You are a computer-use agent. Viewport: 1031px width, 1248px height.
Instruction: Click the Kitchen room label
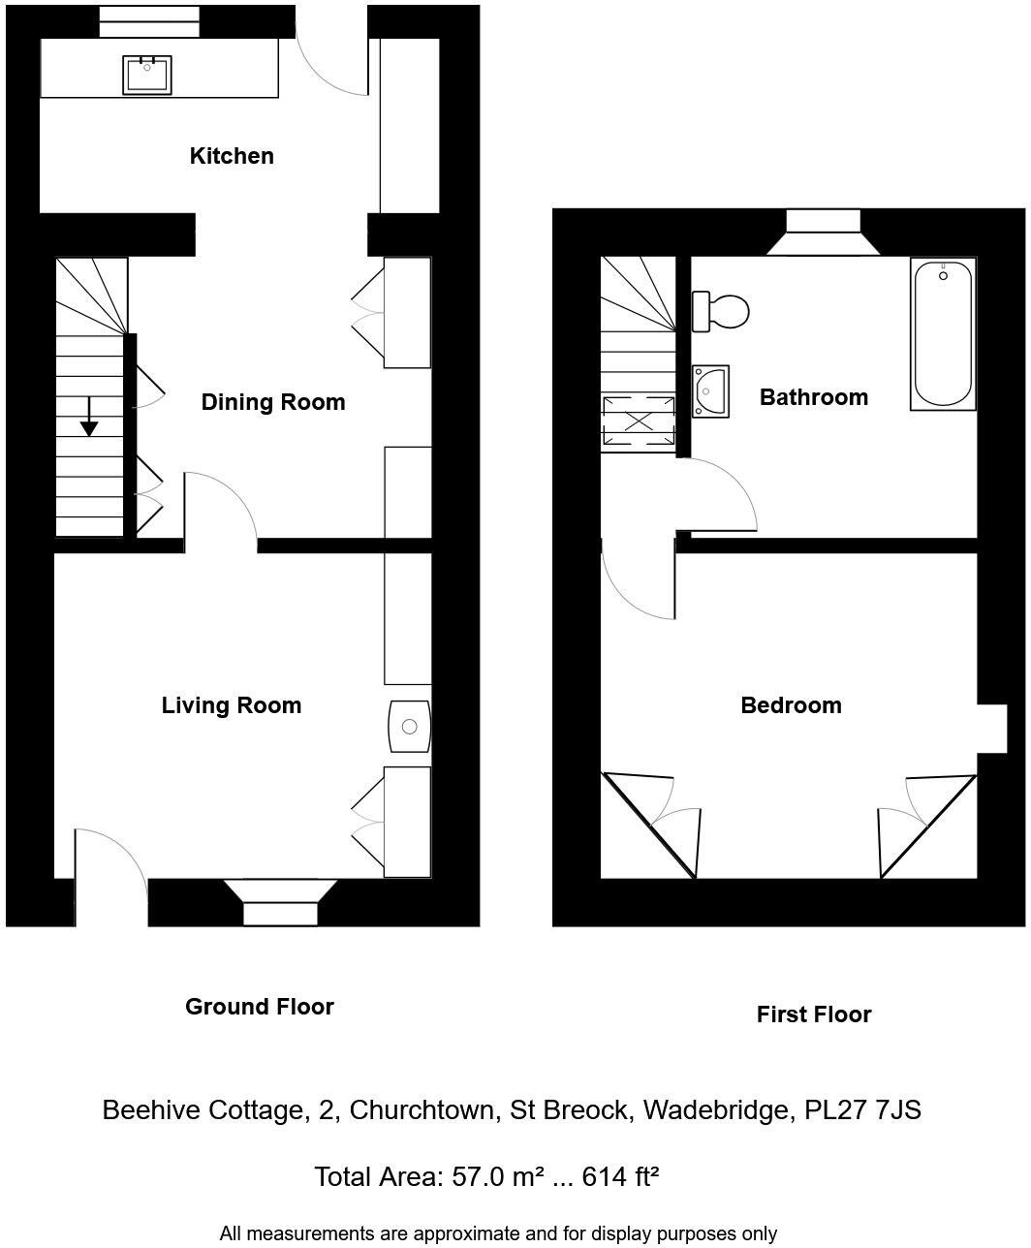(232, 156)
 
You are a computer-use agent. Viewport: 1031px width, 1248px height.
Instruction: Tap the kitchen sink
(147, 75)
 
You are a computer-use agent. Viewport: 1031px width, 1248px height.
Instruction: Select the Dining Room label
(272, 402)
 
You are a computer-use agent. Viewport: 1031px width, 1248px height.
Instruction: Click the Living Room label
(231, 705)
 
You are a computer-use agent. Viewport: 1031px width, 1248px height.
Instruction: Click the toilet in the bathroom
(721, 312)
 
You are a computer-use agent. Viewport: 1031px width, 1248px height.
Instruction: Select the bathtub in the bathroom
(943, 333)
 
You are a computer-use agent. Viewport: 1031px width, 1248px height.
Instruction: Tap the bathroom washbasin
(710, 391)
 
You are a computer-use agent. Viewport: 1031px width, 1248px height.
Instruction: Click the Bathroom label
(813, 397)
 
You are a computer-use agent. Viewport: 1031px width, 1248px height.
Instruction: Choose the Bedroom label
(791, 705)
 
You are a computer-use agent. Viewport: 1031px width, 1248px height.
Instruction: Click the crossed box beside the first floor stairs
(639, 421)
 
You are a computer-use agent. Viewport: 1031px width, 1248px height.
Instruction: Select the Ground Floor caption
(260, 1007)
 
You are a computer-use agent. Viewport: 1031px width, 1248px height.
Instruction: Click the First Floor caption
(813, 1014)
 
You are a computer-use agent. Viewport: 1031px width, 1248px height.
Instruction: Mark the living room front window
(280, 912)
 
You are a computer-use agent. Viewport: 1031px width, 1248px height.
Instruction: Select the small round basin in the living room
(409, 727)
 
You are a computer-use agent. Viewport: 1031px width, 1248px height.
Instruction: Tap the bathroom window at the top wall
(823, 222)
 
